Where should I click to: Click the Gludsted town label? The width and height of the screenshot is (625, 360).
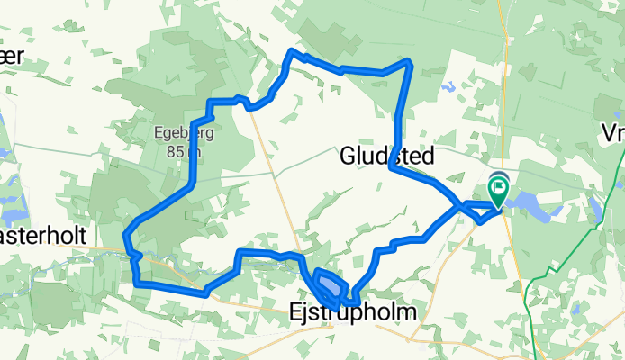[386, 157]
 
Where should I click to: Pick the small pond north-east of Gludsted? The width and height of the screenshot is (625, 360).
[448, 88]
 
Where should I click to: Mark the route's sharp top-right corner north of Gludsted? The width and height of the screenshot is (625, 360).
[410, 61]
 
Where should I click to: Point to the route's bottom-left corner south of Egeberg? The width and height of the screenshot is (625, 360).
[138, 283]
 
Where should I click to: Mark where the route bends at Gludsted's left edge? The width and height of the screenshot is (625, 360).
[393, 166]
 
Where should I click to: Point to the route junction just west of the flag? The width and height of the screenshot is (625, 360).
[463, 207]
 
